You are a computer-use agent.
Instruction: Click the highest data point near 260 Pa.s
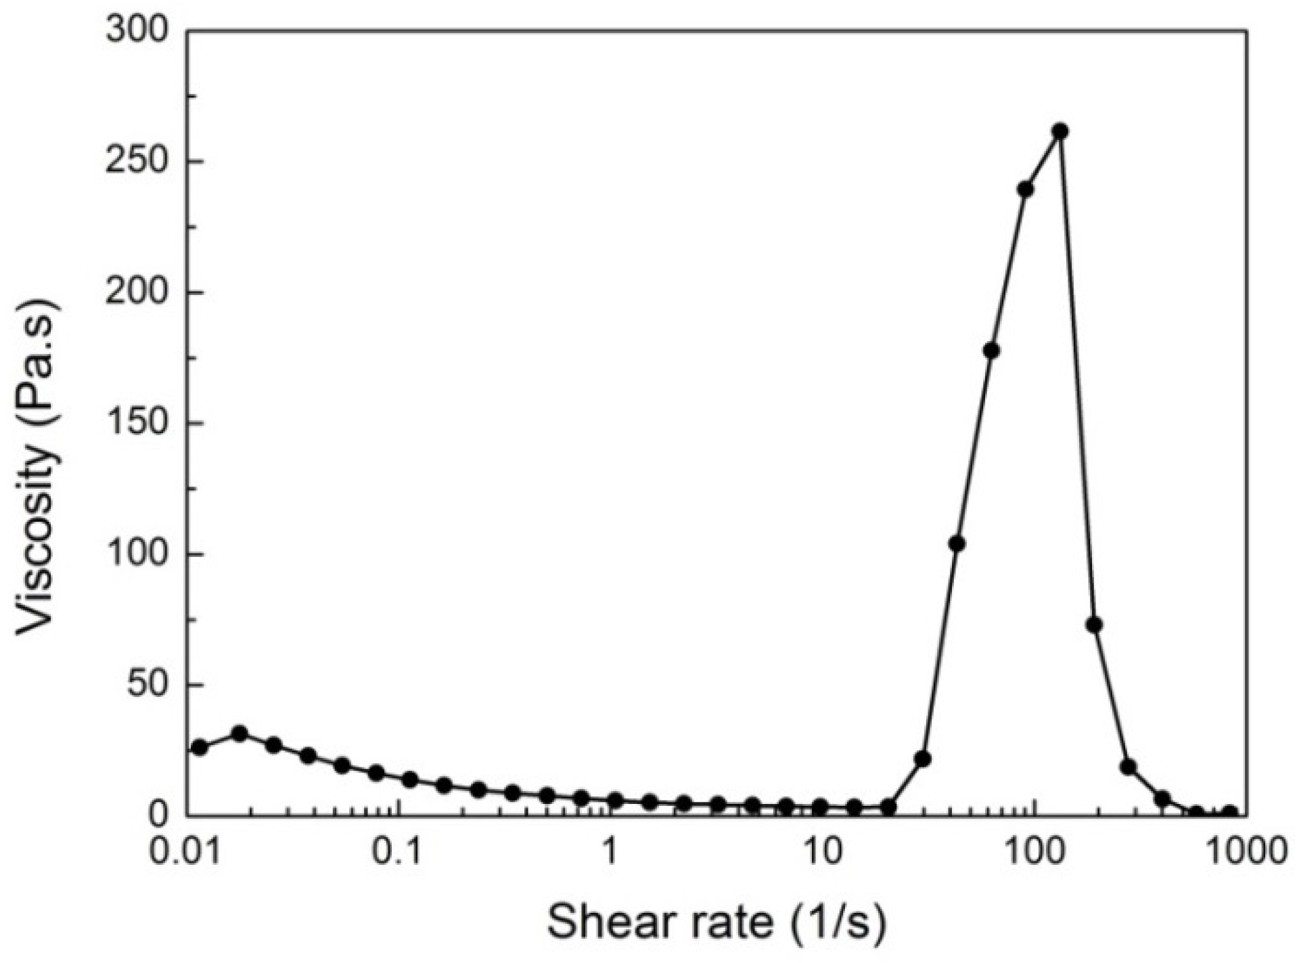coord(1060,131)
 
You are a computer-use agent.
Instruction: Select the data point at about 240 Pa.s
coord(1026,189)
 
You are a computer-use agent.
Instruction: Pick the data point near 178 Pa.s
coord(991,351)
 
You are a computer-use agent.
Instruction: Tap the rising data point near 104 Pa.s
coord(957,543)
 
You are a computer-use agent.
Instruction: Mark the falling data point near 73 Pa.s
coord(1094,625)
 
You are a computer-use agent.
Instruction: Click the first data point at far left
coord(200,747)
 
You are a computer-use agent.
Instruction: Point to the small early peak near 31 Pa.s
coord(240,734)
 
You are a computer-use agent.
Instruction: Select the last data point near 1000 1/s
coord(1230,813)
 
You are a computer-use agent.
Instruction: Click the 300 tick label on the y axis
coord(137,32)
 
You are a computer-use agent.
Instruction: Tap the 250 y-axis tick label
coord(137,162)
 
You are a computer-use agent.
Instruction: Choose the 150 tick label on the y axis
coord(137,424)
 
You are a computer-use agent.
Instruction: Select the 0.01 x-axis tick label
coord(187,853)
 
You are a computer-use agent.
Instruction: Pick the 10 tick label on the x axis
coord(821,853)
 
